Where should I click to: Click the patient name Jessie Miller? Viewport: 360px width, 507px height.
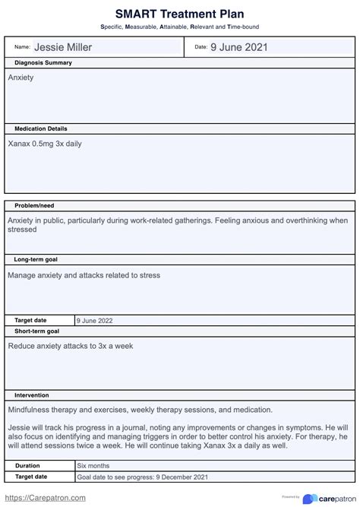[x=63, y=47]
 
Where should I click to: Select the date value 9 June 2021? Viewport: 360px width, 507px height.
[x=238, y=47]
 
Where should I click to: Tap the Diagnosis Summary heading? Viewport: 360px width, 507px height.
[x=43, y=63]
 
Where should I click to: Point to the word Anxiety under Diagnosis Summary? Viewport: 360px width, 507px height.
[x=21, y=78]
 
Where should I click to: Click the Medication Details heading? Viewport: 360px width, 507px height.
[x=41, y=129]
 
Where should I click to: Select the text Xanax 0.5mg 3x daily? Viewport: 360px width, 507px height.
[x=45, y=144]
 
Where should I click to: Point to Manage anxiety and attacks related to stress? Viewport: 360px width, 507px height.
[x=84, y=275]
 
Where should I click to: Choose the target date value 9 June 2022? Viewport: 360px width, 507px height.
[x=95, y=321]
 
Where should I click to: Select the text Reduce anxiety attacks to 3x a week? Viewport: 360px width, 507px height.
[x=71, y=346]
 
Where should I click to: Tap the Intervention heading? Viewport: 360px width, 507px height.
[x=32, y=396]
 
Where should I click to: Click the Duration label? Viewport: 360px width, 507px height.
[x=27, y=465]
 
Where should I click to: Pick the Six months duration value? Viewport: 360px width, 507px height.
[x=93, y=465]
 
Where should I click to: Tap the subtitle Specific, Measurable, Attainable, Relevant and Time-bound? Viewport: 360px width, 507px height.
[x=179, y=27]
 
